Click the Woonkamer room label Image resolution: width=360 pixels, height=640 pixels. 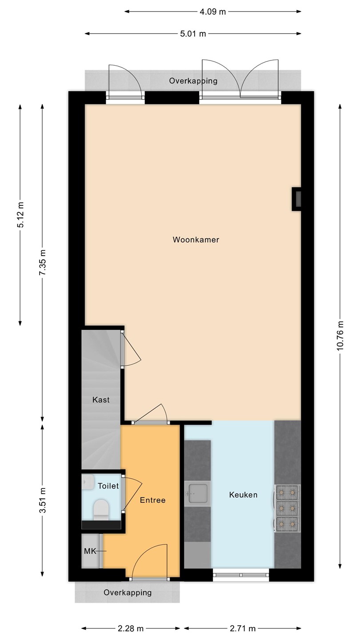[196, 240]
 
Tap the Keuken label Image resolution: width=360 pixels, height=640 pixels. [243, 495]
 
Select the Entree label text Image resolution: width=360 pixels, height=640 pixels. [152, 500]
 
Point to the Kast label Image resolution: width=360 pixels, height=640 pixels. [101, 400]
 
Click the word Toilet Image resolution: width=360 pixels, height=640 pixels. [108, 486]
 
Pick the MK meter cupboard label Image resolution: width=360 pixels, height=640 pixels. [90, 551]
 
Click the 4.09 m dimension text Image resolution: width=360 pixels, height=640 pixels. [212, 12]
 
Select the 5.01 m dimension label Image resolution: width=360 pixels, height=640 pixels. [193, 34]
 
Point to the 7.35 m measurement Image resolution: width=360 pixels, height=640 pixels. [43, 262]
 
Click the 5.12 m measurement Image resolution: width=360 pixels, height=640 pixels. [20, 215]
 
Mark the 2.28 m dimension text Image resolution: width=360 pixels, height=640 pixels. [131, 628]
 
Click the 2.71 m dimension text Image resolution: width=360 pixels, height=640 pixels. [243, 628]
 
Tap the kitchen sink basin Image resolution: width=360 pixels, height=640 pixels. [197, 493]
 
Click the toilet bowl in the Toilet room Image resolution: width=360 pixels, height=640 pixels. [101, 509]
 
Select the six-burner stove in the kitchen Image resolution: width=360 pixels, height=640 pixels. [288, 508]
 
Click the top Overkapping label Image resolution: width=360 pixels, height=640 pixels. [193, 81]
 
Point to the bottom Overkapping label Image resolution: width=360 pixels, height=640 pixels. [128, 592]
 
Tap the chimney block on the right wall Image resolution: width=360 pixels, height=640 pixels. [296, 199]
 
